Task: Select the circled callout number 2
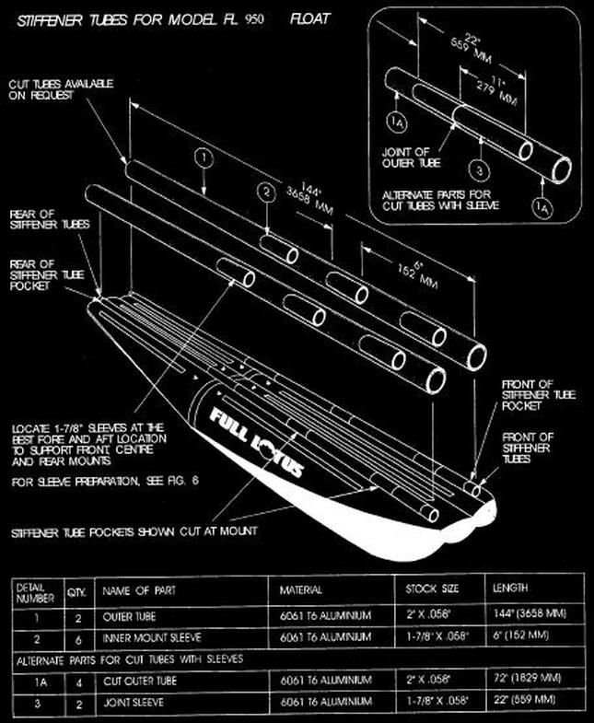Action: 266,192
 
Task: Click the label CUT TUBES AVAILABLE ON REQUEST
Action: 62,89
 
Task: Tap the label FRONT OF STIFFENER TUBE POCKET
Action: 539,394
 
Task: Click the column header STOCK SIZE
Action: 434,588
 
